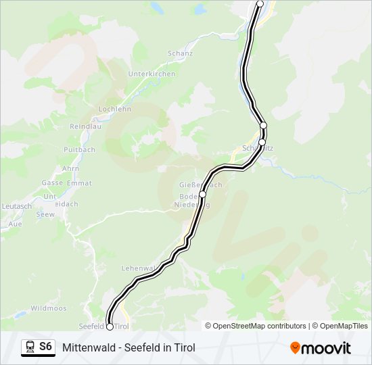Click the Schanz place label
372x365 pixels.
pyautogui.click(x=181, y=53)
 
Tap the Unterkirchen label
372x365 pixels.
pyautogui.click(x=152, y=74)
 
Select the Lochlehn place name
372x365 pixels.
pyautogui.click(x=114, y=108)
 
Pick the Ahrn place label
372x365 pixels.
pyautogui.click(x=70, y=168)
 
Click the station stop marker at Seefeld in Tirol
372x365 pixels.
pyautogui.click(x=110, y=326)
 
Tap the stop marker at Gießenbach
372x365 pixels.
pyautogui.click(x=202, y=194)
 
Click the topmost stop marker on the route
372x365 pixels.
pyautogui.click(x=260, y=3)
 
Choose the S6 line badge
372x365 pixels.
pyautogui.click(x=45, y=347)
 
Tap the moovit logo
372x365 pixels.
pyautogui.click(x=321, y=347)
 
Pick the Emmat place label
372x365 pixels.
pyautogui.click(x=80, y=182)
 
